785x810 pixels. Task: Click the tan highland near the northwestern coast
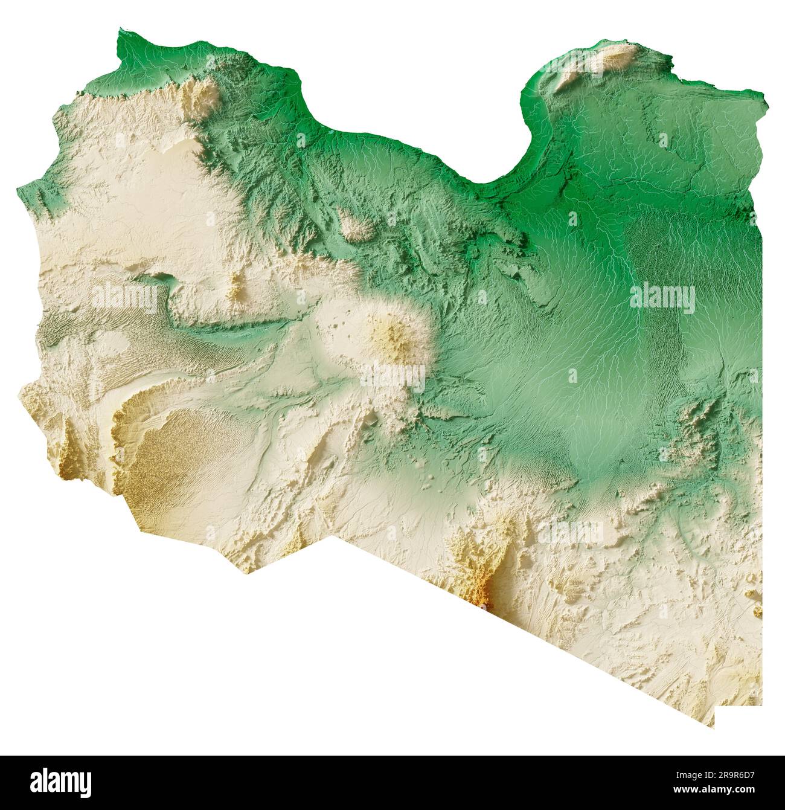202,100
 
